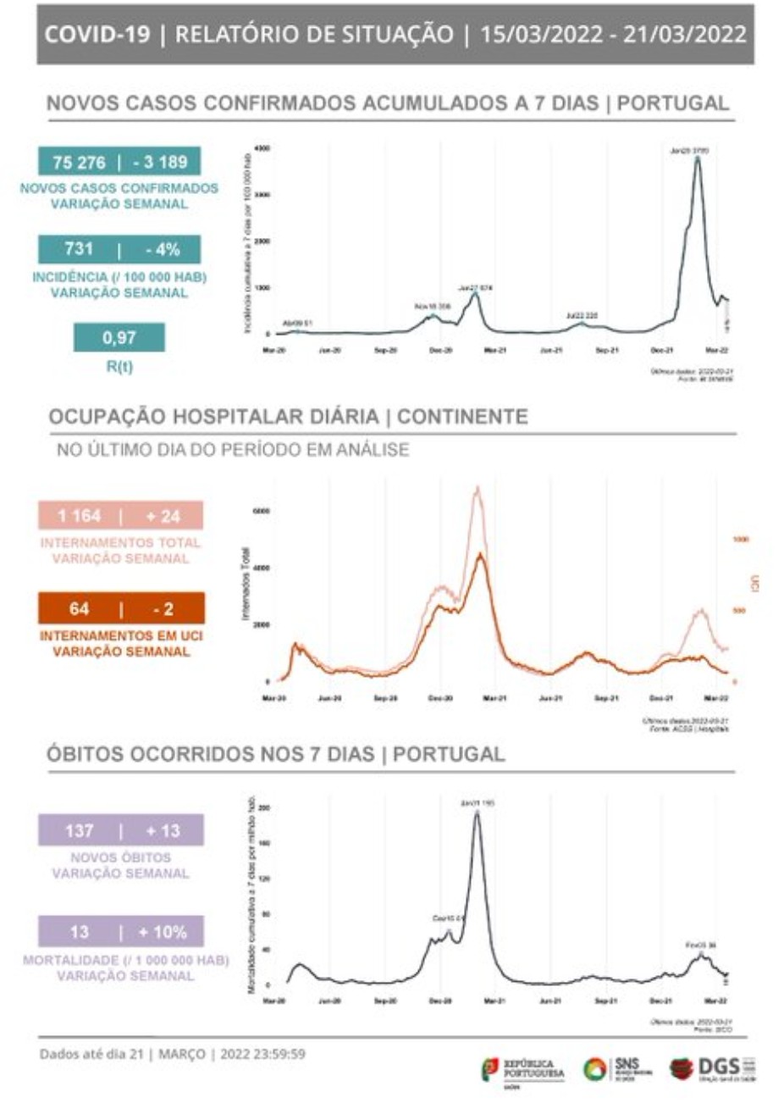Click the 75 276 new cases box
click(119, 162)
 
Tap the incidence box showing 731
click(119, 249)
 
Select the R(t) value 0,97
click(119, 337)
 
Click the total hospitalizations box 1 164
click(120, 515)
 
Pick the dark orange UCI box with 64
click(120, 608)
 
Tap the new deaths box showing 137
click(120, 830)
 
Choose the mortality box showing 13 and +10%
click(120, 931)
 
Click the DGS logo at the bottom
click(712, 1067)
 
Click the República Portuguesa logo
click(522, 1068)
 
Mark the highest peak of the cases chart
click(697, 158)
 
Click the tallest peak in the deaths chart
click(477, 812)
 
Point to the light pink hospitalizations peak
click(478, 488)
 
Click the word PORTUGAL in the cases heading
click(673, 103)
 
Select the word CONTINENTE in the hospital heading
click(462, 417)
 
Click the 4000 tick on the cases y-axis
click(262, 148)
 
